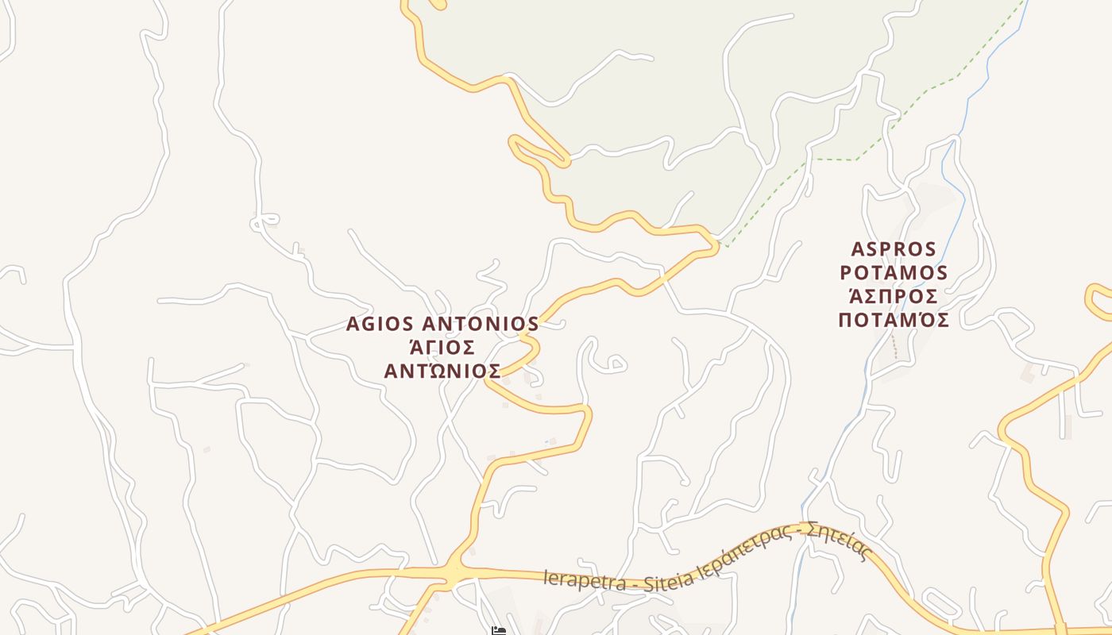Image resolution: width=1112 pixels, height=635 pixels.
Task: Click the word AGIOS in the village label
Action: point(380,324)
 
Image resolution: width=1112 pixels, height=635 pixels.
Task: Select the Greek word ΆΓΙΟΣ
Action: point(442,347)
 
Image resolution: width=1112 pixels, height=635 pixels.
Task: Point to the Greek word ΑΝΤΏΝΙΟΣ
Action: point(442,371)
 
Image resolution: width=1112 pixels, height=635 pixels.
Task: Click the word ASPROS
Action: point(894,249)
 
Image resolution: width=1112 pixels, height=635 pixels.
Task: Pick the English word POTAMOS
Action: point(894,273)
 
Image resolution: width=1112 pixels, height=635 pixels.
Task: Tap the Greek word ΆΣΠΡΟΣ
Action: point(894,296)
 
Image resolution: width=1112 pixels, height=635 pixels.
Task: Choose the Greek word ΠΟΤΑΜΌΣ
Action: point(894,320)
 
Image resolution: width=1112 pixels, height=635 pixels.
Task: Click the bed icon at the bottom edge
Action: point(498,631)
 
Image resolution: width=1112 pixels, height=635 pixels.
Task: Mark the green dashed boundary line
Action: point(834,160)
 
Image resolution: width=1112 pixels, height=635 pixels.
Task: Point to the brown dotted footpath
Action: point(894,347)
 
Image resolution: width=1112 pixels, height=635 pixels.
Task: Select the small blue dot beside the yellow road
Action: point(546,442)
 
